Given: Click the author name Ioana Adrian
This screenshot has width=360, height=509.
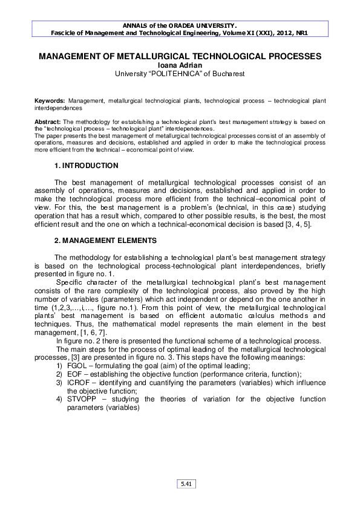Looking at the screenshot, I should pyautogui.click(x=180, y=65).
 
